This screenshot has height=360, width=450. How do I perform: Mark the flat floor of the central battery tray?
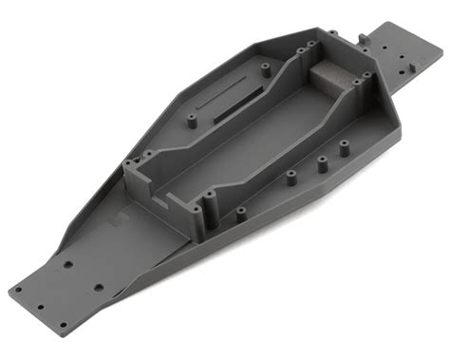tap(256, 142)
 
